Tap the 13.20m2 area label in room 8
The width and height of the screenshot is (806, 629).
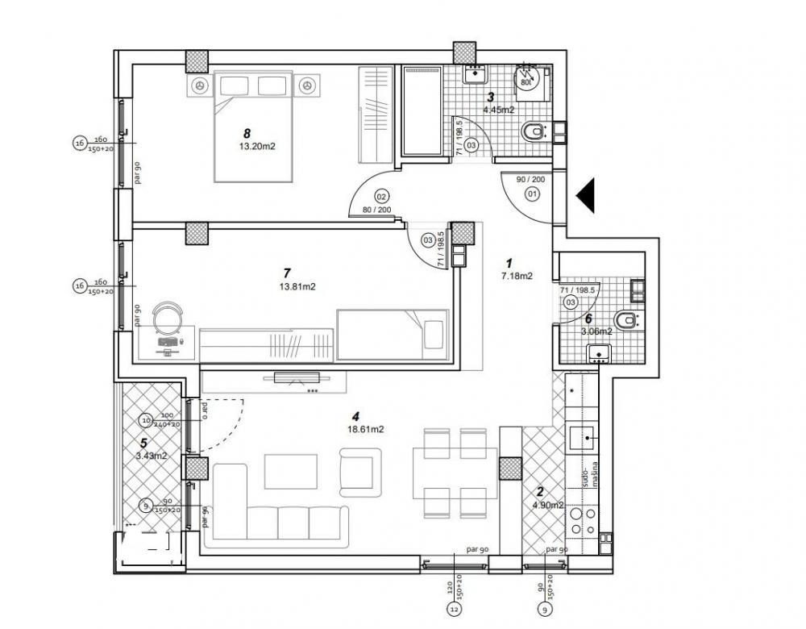[257, 147]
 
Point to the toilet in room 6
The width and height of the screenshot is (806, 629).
[626, 318]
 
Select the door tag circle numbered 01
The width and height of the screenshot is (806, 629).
[532, 194]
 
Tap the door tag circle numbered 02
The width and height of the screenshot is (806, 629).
[382, 196]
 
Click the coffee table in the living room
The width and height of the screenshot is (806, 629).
[292, 469]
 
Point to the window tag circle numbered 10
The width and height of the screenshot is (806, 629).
[145, 419]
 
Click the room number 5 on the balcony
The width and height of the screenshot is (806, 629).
[143, 443]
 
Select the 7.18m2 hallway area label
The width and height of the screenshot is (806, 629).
[516, 276]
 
